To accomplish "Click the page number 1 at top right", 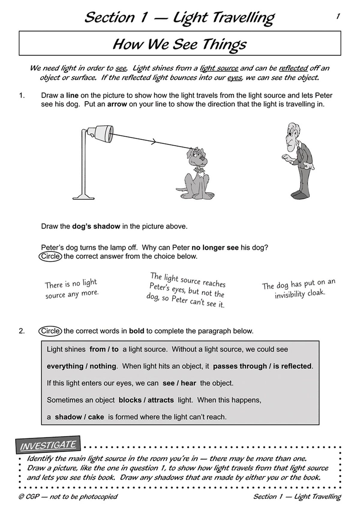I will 338,16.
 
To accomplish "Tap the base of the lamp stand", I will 84,197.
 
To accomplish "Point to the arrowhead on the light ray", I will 154,142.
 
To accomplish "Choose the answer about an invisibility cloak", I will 299,289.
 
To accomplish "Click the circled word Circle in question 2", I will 50,331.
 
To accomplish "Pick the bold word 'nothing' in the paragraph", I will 103,366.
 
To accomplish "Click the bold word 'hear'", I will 189,383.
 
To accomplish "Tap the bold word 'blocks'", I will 130,400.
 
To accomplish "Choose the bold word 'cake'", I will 96,417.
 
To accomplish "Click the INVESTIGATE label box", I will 48,445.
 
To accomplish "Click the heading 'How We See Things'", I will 180,44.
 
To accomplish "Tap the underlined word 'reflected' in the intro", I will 293,68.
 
